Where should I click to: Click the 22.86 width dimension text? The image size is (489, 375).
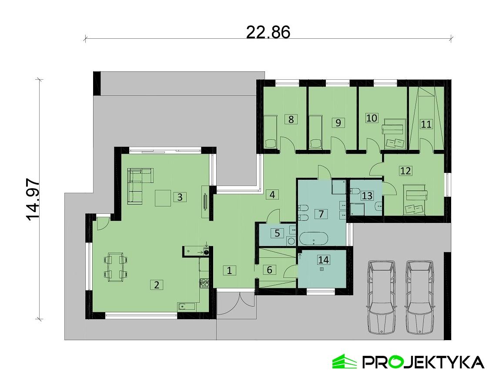268,32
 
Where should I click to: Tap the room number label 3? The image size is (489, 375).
180,197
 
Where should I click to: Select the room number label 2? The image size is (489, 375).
156,285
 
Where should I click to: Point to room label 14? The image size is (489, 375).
323,260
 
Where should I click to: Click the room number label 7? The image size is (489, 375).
321,214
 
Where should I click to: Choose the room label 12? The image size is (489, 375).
405,171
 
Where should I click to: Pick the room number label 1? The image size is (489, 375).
230,270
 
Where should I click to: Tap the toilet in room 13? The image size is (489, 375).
354,191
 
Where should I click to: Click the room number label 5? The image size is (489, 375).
277,233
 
